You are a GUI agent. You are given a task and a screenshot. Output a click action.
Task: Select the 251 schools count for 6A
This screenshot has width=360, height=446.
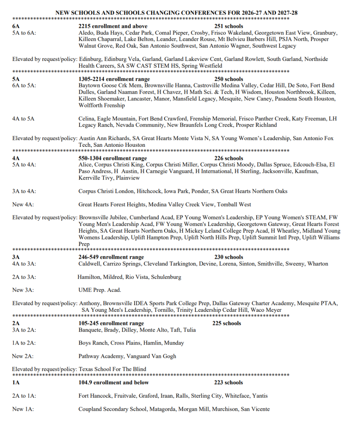[x=229, y=26]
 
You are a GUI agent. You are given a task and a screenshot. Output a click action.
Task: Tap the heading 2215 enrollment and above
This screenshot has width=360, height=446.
[x=113, y=26]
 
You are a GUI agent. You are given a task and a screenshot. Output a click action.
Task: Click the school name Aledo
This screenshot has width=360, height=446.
[x=85, y=33]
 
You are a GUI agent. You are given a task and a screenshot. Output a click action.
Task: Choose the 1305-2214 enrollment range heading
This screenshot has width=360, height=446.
[x=114, y=79]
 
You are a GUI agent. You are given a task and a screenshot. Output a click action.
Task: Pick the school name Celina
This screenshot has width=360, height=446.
[x=86, y=119]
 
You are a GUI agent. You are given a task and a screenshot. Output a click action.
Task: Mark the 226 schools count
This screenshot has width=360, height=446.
[x=229, y=158]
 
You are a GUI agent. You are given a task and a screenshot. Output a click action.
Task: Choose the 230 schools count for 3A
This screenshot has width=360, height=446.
[x=228, y=257]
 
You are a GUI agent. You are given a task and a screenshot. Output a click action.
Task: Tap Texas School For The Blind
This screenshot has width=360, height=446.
[x=112, y=369]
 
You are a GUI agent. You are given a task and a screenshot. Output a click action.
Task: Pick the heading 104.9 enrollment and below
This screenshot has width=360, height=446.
[x=113, y=382]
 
